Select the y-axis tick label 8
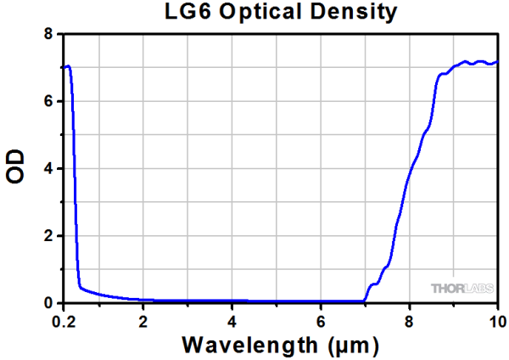[x=48, y=34]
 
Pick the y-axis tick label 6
[x=48, y=101]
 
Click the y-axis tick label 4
[x=48, y=168]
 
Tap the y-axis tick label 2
[x=48, y=235]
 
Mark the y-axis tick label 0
[x=48, y=302]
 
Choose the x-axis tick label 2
[x=143, y=320]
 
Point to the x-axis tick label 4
[x=232, y=320]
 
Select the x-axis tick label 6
[x=320, y=320]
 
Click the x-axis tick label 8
[x=409, y=320]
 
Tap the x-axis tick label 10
[x=496, y=320]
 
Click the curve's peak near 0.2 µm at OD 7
[x=67, y=65]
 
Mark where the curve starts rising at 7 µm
[x=365, y=300]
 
